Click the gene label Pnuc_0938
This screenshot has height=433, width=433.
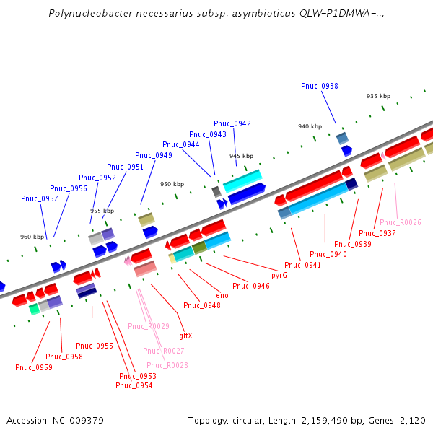320,86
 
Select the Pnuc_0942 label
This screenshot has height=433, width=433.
232,123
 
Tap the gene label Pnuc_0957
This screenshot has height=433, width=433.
40,198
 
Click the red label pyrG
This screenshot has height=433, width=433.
279,276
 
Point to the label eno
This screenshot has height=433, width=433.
222,295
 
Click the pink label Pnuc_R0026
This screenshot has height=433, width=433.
401,222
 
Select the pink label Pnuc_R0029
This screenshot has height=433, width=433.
149,326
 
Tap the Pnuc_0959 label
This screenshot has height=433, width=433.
34,367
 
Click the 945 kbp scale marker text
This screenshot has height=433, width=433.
242,156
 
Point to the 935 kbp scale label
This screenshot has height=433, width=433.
378,96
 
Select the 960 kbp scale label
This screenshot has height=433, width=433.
32,237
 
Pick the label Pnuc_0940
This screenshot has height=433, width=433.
328,254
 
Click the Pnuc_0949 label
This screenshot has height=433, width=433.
154,155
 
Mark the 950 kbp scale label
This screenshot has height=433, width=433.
172,184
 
